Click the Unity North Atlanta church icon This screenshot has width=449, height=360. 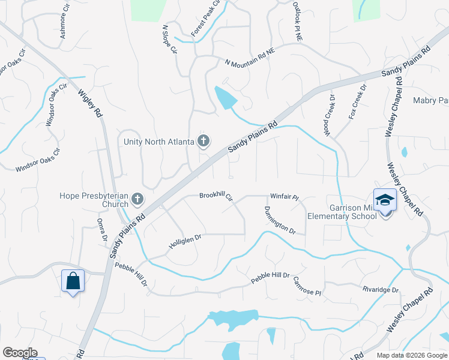(203, 142)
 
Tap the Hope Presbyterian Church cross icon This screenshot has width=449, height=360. (138, 199)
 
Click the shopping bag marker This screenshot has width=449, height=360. (73, 281)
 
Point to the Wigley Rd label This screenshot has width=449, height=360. (89, 103)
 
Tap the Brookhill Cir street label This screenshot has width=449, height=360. (215, 196)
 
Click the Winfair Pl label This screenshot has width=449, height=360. (285, 196)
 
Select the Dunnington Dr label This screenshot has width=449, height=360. (280, 220)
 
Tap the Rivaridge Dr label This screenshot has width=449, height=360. (381, 290)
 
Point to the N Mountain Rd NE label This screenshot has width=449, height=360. (249, 57)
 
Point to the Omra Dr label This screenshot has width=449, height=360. (102, 230)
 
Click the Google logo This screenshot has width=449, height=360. (20, 353)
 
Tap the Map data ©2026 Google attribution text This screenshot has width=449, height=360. (412, 355)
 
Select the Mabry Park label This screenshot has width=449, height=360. (431, 100)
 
